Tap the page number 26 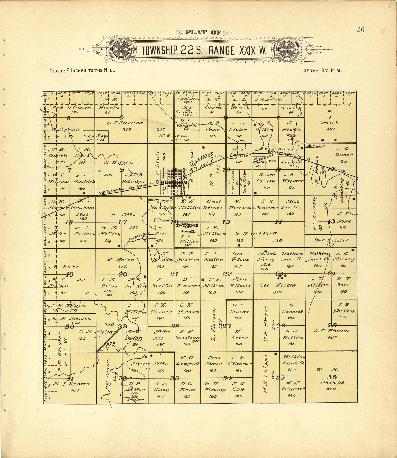click(x=360, y=30)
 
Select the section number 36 click(x=332, y=377)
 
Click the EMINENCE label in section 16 click(x=188, y=225)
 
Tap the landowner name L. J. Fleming click(x=125, y=123)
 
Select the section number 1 click(x=330, y=117)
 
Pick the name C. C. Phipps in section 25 click(x=332, y=331)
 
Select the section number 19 click(x=70, y=274)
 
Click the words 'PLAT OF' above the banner click(x=203, y=33)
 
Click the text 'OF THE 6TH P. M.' click(x=323, y=71)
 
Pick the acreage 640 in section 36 click(x=331, y=389)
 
